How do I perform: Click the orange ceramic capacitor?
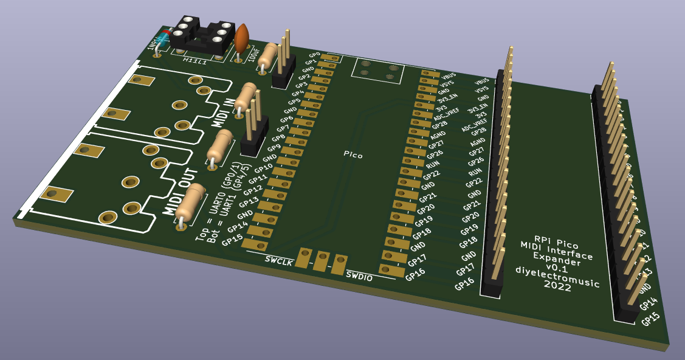pos(242,39)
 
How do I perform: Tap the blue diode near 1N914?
pos(163,41)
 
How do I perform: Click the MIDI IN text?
pos(223,112)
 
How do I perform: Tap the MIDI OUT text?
pos(176,191)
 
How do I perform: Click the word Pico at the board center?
pos(353,155)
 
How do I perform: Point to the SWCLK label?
pos(279,260)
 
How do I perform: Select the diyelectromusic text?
pos(557,275)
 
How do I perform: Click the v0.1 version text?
pos(556,267)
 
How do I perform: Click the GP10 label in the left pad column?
pos(264,168)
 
